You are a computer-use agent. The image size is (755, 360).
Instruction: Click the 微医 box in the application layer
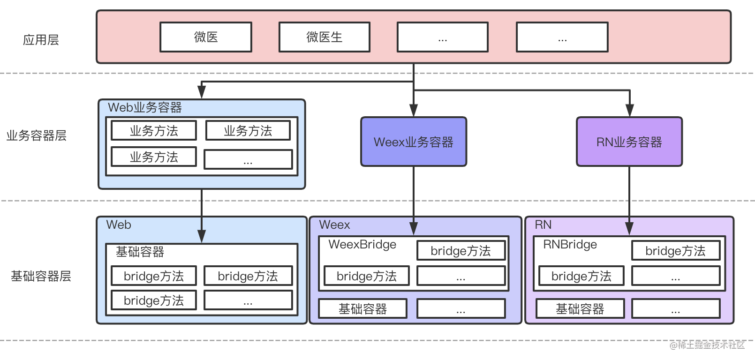pyautogui.click(x=206, y=37)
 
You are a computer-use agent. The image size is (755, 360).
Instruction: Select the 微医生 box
pyautogui.click(x=324, y=37)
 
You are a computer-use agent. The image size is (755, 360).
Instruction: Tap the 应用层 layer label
pyautogui.click(x=41, y=40)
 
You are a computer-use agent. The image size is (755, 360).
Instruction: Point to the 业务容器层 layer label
pyautogui.click(x=36, y=136)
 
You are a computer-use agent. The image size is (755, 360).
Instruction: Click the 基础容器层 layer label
pyautogui.click(x=41, y=276)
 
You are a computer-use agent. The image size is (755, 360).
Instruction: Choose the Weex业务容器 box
pyautogui.click(x=413, y=142)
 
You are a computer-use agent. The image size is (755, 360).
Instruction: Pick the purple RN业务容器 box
pyautogui.click(x=629, y=142)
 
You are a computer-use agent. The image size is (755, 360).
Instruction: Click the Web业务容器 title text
pyautogui.click(x=144, y=108)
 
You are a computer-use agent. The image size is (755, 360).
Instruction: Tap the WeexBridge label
pyautogui.click(x=362, y=244)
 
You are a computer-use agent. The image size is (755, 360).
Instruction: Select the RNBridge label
pyautogui.click(x=570, y=244)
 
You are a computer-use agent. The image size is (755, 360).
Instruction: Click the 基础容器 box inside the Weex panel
pyautogui.click(x=362, y=309)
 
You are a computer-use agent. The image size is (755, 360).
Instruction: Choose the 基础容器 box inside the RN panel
pyautogui.click(x=580, y=309)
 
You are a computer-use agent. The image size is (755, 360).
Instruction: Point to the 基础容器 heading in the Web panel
pyautogui.click(x=140, y=252)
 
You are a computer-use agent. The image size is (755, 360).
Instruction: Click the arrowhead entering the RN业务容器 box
pyautogui.click(x=629, y=111)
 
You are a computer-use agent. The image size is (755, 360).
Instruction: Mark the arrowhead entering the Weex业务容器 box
pyautogui.click(x=413, y=111)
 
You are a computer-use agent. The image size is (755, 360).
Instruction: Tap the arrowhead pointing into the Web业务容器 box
pyautogui.click(x=202, y=92)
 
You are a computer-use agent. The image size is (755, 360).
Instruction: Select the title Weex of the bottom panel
pyautogui.click(x=334, y=225)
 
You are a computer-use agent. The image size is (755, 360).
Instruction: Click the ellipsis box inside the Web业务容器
pyautogui.click(x=248, y=159)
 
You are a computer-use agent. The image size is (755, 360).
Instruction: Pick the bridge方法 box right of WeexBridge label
pyautogui.click(x=461, y=251)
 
